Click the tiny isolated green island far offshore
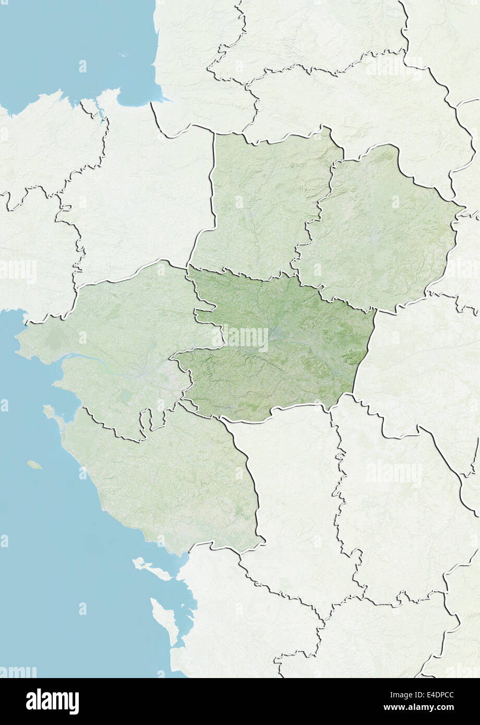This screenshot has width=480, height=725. click(x=34, y=464)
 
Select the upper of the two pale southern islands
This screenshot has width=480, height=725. click(x=151, y=569)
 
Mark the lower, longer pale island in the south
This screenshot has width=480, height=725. click(x=165, y=621)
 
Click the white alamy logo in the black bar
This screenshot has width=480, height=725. click(x=52, y=702)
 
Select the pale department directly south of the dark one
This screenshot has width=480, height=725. click(x=292, y=485)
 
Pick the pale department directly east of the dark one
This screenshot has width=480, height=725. click(x=417, y=365)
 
